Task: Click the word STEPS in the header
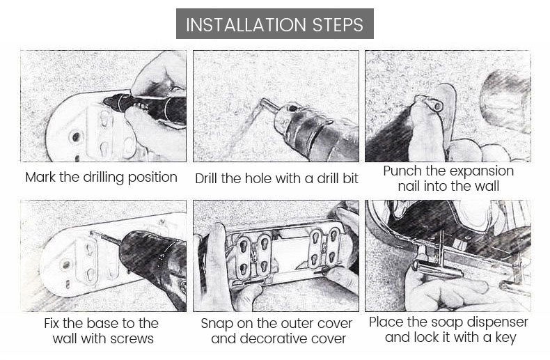[338, 25]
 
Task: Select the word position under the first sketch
[152, 178]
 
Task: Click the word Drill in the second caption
[207, 178]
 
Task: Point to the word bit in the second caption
[350, 178]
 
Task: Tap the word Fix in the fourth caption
[52, 323]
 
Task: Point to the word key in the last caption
[506, 338]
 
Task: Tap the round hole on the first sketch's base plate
[75, 137]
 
